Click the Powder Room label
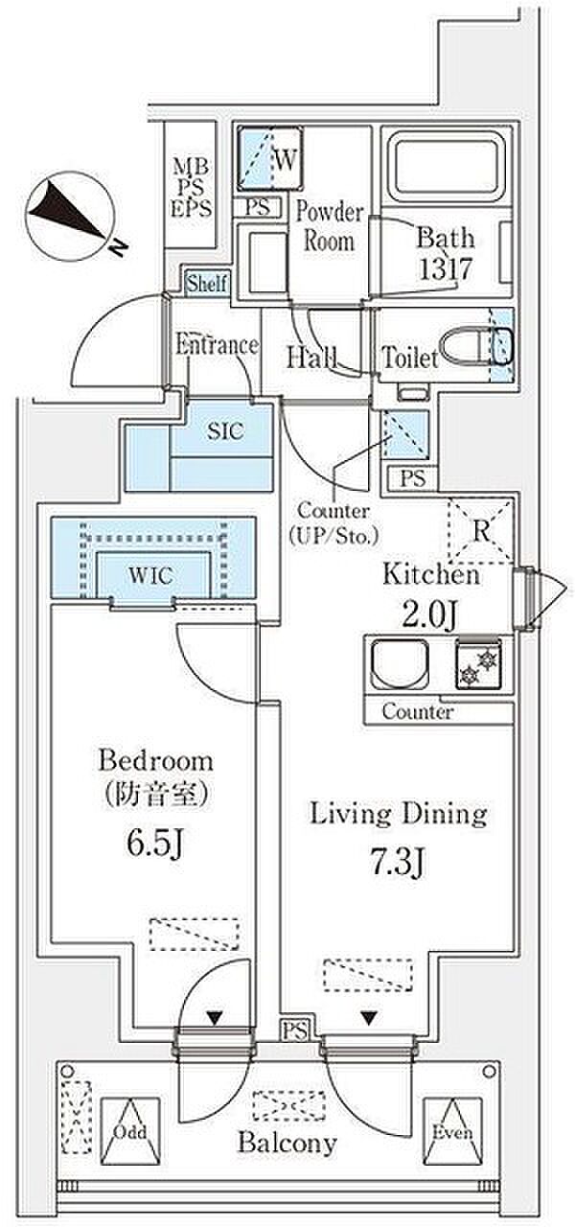click(329, 225)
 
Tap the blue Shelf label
click(207, 284)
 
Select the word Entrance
click(217, 345)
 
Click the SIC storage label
click(226, 431)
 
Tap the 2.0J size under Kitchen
click(431, 613)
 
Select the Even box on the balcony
click(449, 1130)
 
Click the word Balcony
click(287, 1143)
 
